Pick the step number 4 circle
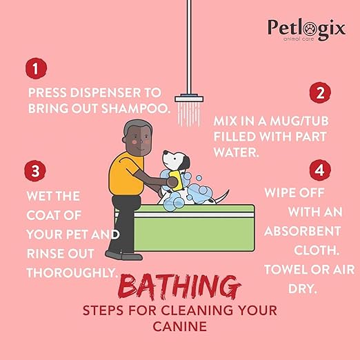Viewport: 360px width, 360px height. click(319, 170)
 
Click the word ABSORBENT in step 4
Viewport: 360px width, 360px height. click(303, 230)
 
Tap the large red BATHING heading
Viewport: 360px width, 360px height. click(179, 286)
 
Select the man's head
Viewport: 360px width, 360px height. click(135, 138)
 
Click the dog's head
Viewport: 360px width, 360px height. click(177, 161)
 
